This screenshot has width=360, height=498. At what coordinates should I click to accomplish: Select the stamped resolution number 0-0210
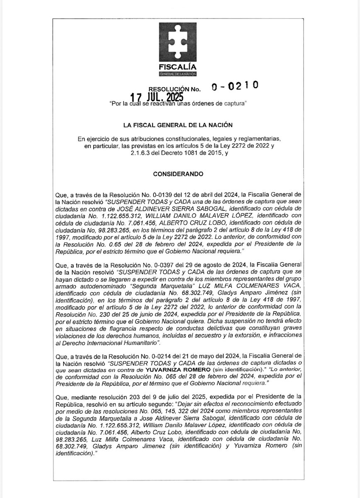(x=235, y=87)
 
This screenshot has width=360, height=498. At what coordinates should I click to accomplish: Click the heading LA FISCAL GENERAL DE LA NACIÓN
(x=180, y=124)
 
